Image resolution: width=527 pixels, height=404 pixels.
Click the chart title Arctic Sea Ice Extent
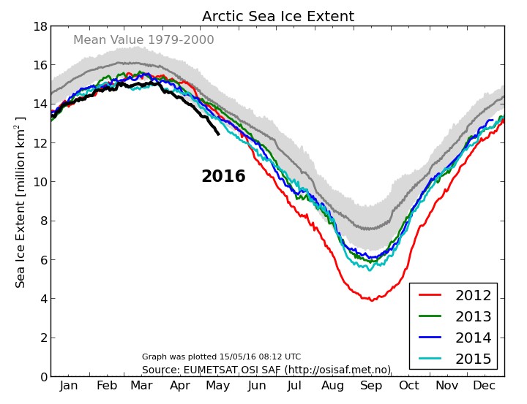tap(278, 16)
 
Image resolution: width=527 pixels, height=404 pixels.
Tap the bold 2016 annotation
tap(223, 177)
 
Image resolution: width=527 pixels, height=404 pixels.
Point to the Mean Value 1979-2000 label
tap(143, 40)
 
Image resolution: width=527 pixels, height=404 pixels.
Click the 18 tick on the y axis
tap(39, 26)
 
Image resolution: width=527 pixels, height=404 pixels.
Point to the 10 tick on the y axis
tap(39, 182)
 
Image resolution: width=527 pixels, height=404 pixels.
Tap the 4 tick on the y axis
tap(42, 299)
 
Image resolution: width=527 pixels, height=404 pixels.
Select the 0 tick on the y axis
tap(42, 377)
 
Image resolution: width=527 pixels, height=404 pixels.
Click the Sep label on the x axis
tap(371, 386)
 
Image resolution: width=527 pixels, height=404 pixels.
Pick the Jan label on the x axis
tap(69, 386)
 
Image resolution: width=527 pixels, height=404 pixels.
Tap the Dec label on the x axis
tap(485, 386)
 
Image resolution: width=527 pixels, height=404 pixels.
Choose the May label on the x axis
tap(219, 386)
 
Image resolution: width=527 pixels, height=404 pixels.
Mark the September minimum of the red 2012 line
tap(372, 300)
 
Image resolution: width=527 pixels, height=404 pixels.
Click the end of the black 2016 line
tap(218, 134)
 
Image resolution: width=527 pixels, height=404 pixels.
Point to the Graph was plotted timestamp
tap(221, 357)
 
